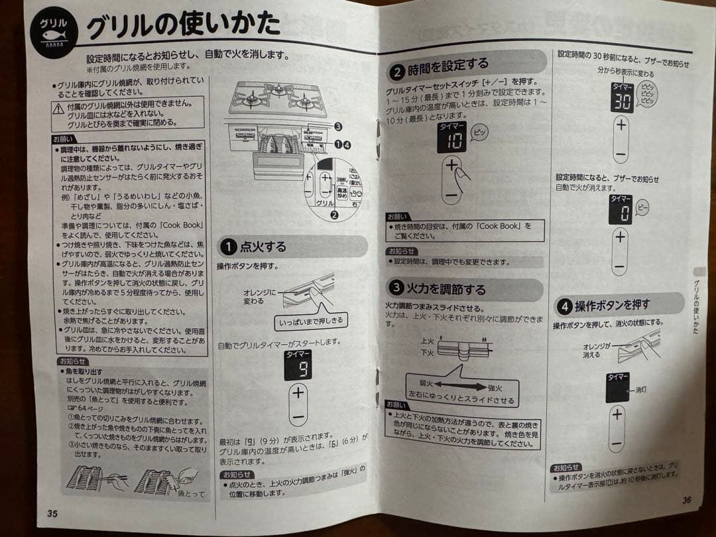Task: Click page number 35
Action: [x=52, y=513]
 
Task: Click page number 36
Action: [x=686, y=501]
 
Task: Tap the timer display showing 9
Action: [x=298, y=365]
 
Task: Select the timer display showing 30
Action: [x=621, y=98]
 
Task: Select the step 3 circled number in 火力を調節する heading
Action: [x=396, y=288]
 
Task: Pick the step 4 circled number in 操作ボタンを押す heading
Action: [x=564, y=307]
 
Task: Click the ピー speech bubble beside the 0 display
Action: [x=642, y=208]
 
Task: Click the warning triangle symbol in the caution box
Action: [x=59, y=109]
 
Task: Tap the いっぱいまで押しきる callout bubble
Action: [x=310, y=320]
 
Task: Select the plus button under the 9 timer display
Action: [x=298, y=392]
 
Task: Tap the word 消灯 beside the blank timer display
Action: [x=641, y=389]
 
